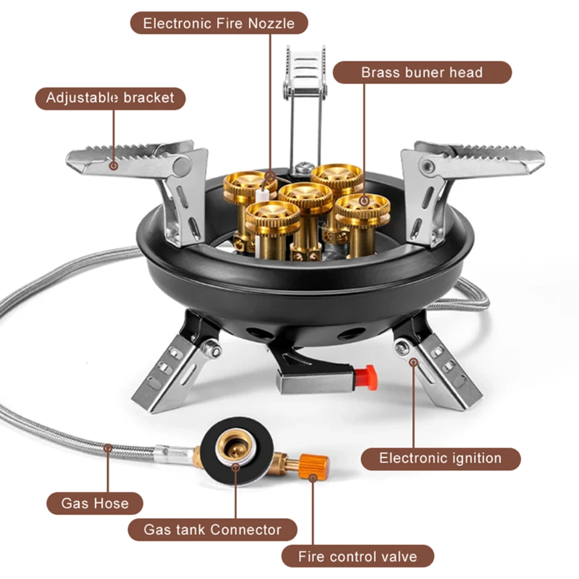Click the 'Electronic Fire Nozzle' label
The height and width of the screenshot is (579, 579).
(219, 24)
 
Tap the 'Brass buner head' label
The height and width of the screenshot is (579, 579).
(422, 73)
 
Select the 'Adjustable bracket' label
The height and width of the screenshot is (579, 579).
(110, 98)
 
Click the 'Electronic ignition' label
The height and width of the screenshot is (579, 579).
(440, 459)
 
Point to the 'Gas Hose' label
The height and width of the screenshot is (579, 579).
(95, 503)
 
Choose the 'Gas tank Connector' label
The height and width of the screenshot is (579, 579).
(212, 529)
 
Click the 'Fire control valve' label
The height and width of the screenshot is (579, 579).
(357, 556)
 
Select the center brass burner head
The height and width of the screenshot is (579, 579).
(305, 194)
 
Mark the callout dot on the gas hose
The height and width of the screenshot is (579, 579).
(108, 447)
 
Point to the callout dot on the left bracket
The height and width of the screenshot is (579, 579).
(114, 166)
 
